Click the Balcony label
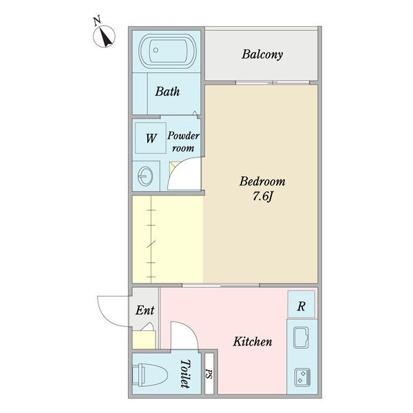coord(262,54)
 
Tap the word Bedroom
coord(262,182)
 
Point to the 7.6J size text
coord(263,196)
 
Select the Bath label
coord(167,92)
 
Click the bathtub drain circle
coord(156,50)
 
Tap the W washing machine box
coord(151,138)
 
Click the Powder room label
coord(183,142)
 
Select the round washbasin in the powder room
coord(145,176)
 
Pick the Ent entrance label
coord(145,310)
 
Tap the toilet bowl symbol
coord(149,375)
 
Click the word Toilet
coord(185,374)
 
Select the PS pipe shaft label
coord(209,374)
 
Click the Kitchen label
coord(253,341)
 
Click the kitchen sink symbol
coord(301,337)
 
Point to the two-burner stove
coord(302,377)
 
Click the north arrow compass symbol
coord(104,36)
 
